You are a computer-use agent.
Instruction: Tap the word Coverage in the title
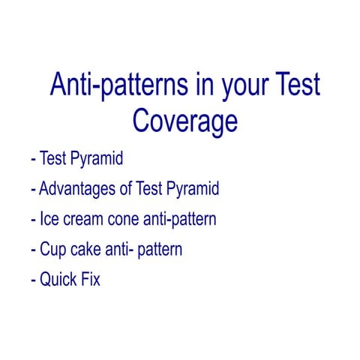(x=185, y=120)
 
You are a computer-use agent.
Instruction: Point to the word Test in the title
(x=294, y=85)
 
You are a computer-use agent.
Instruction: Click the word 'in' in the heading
(x=192, y=85)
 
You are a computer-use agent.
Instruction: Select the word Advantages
(x=76, y=189)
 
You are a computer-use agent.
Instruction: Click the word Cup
(x=52, y=249)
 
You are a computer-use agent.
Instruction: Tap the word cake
(x=86, y=249)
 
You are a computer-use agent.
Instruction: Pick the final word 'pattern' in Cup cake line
(x=158, y=249)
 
